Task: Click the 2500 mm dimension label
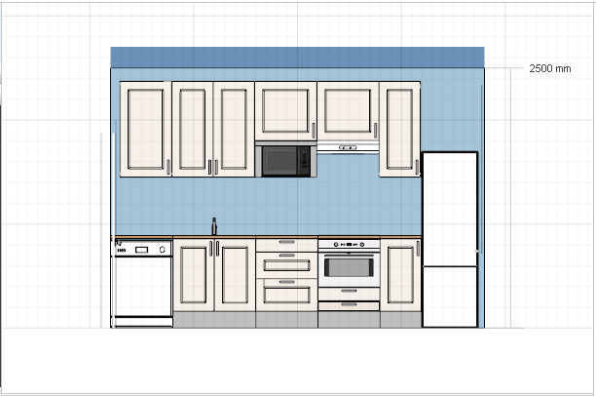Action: pos(549,68)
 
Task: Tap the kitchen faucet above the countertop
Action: pos(214,226)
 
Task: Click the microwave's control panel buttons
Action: pos(304,160)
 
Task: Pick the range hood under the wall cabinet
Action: pos(348,147)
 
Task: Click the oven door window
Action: pos(349,267)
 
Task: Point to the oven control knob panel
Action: pos(349,245)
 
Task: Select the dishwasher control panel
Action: pos(141,250)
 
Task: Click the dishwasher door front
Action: pos(142,286)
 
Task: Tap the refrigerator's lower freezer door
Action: pos(450,297)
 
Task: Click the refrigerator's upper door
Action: pos(450,209)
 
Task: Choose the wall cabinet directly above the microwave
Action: pos(286,111)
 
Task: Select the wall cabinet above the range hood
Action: pos(348,111)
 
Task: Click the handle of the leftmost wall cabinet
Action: pos(168,167)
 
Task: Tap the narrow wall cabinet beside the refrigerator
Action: pos(399,129)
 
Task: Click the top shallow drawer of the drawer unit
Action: pos(286,245)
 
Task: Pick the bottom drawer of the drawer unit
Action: pos(286,295)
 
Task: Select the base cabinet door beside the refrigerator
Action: pos(400,275)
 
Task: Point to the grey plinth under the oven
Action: pos(349,320)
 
